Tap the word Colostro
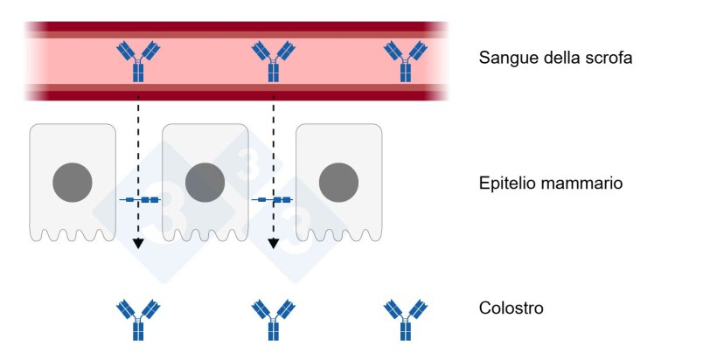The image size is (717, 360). [512, 309]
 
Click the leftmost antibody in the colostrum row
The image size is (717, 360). [138, 320]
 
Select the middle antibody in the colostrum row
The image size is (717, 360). [273, 320]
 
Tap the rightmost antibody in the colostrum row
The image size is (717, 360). [406, 320]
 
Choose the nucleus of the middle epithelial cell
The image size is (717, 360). [205, 182]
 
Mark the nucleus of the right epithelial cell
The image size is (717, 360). [338, 182]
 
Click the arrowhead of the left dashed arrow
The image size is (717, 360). [138, 245]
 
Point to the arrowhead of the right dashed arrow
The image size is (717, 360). [273, 245]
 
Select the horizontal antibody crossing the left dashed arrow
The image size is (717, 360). [140, 200]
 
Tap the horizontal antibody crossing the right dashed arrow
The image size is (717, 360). [273, 200]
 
